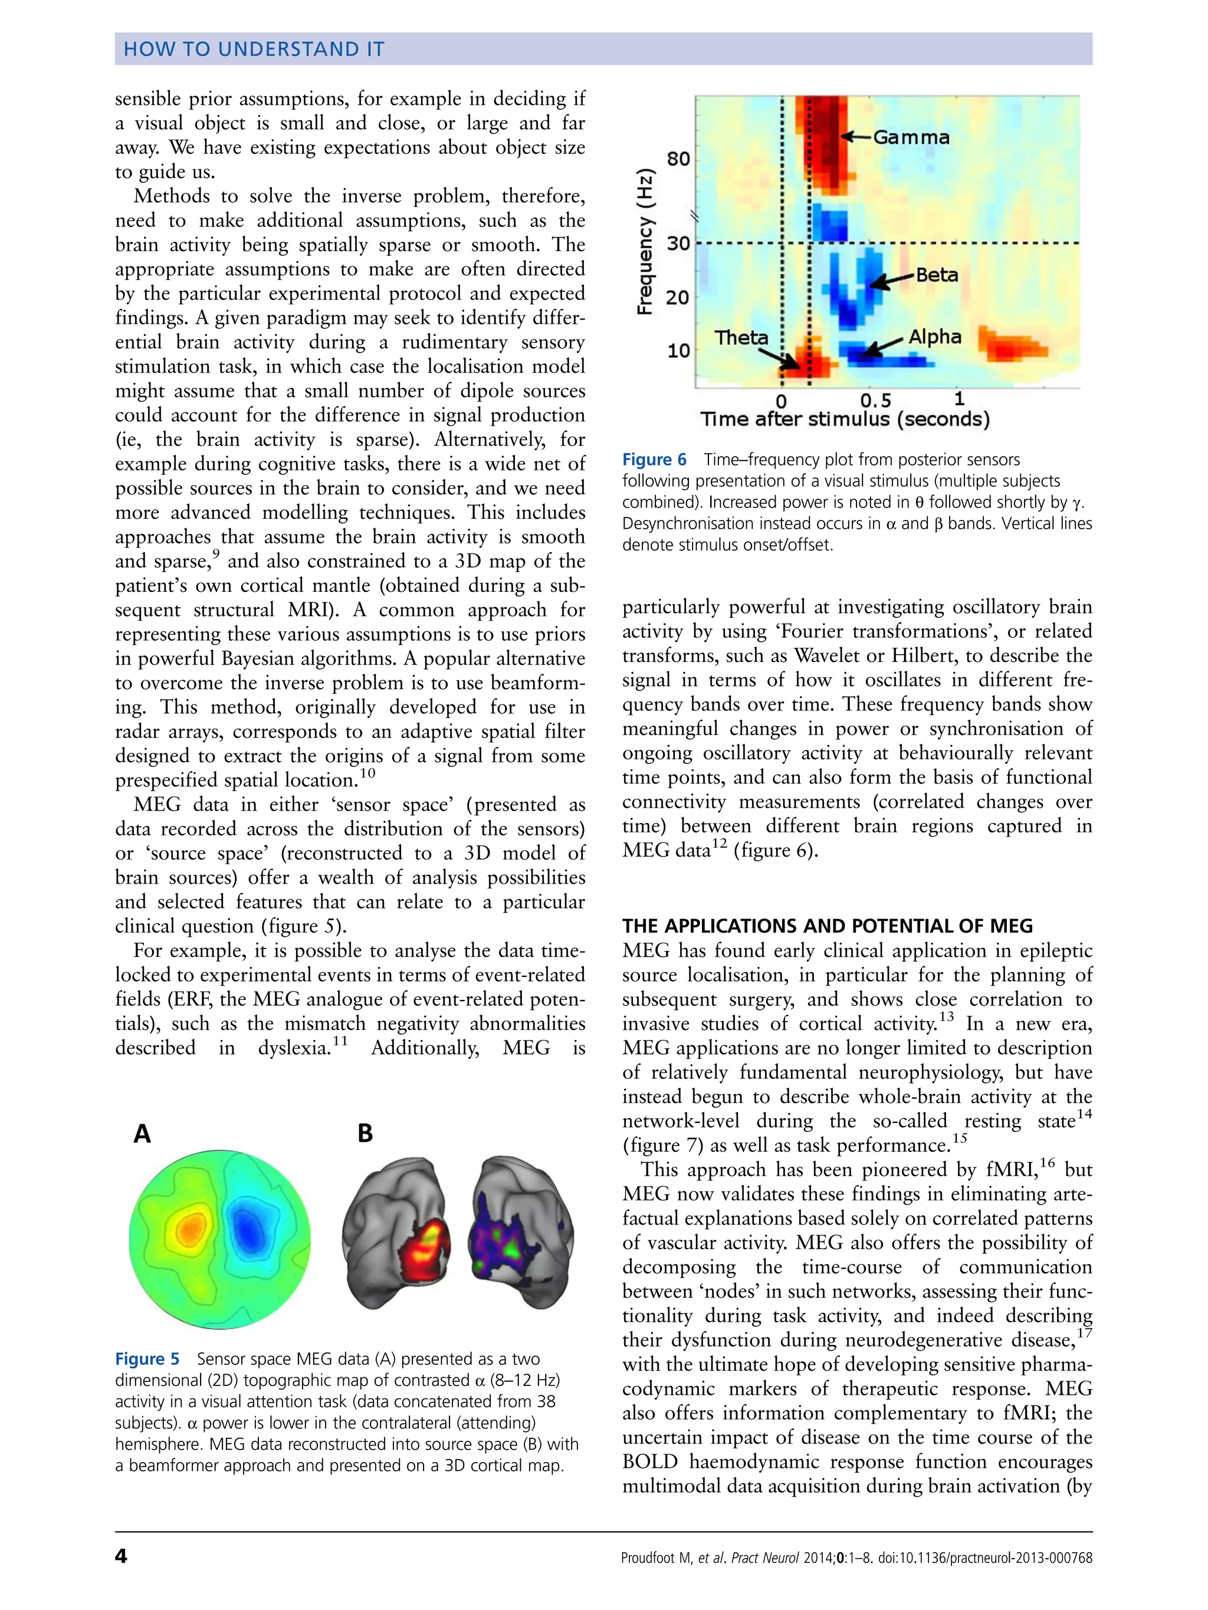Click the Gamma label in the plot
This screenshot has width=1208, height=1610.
click(x=910, y=137)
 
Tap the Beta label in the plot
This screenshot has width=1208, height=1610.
click(x=937, y=275)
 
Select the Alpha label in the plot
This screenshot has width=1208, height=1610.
click(x=935, y=337)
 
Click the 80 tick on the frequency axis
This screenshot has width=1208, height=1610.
click(x=678, y=159)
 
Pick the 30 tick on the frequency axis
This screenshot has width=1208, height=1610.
click(x=678, y=243)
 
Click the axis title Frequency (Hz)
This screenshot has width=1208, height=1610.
click(x=645, y=242)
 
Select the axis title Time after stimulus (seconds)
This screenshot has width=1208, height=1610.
click(x=845, y=419)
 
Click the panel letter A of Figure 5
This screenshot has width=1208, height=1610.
click(x=142, y=1133)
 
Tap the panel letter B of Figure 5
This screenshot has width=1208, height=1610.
click(x=365, y=1132)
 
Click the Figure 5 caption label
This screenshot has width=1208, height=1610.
click(x=146, y=1359)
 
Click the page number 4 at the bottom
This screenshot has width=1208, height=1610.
click(x=121, y=1556)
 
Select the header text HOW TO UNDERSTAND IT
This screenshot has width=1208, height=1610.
click(x=254, y=49)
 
